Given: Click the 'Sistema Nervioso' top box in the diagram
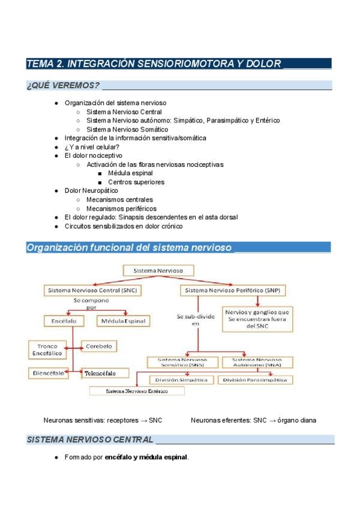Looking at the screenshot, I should click(x=158, y=271).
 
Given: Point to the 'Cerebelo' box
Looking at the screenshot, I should click(x=100, y=346).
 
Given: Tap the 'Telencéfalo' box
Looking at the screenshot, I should click(x=107, y=373).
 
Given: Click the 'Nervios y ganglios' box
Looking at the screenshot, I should click(x=257, y=319).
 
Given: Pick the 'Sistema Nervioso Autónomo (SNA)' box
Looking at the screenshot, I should click(x=257, y=362).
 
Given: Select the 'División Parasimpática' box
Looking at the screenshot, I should click(x=255, y=380).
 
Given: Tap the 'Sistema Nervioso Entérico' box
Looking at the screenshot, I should click(x=137, y=391).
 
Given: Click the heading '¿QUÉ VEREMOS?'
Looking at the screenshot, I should click(x=63, y=85).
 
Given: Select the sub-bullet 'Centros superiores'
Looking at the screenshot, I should click(x=136, y=182).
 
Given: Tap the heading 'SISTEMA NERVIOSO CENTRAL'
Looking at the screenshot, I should click(x=90, y=440).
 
